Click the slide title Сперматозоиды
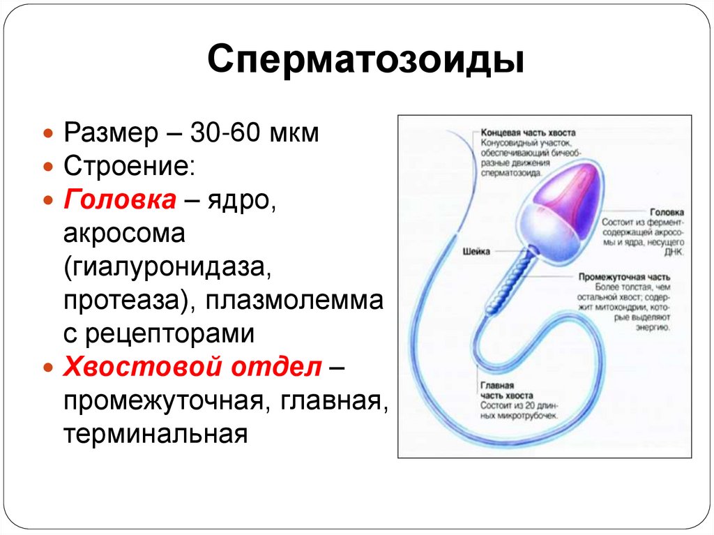[x=365, y=60]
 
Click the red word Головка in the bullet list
[x=120, y=200]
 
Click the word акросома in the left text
[x=124, y=234]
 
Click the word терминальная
[x=156, y=434]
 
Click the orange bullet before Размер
[x=48, y=133]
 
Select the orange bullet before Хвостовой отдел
[x=48, y=368]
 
